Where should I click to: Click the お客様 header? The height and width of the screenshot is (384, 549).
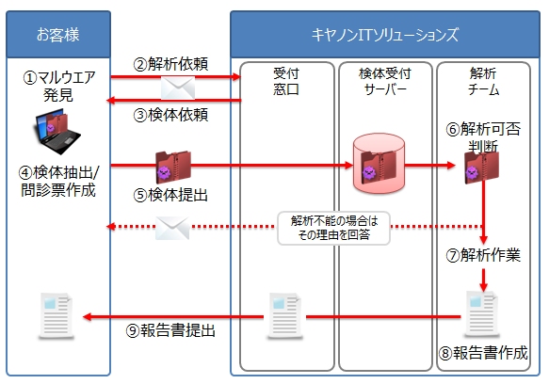pyautogui.click(x=57, y=36)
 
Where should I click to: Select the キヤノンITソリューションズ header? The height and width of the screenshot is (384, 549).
pyautogui.click(x=385, y=36)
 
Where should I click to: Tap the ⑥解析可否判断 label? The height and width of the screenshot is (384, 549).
pyautogui.click(x=483, y=137)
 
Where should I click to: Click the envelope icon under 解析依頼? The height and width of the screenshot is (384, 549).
pyautogui.click(x=176, y=88)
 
